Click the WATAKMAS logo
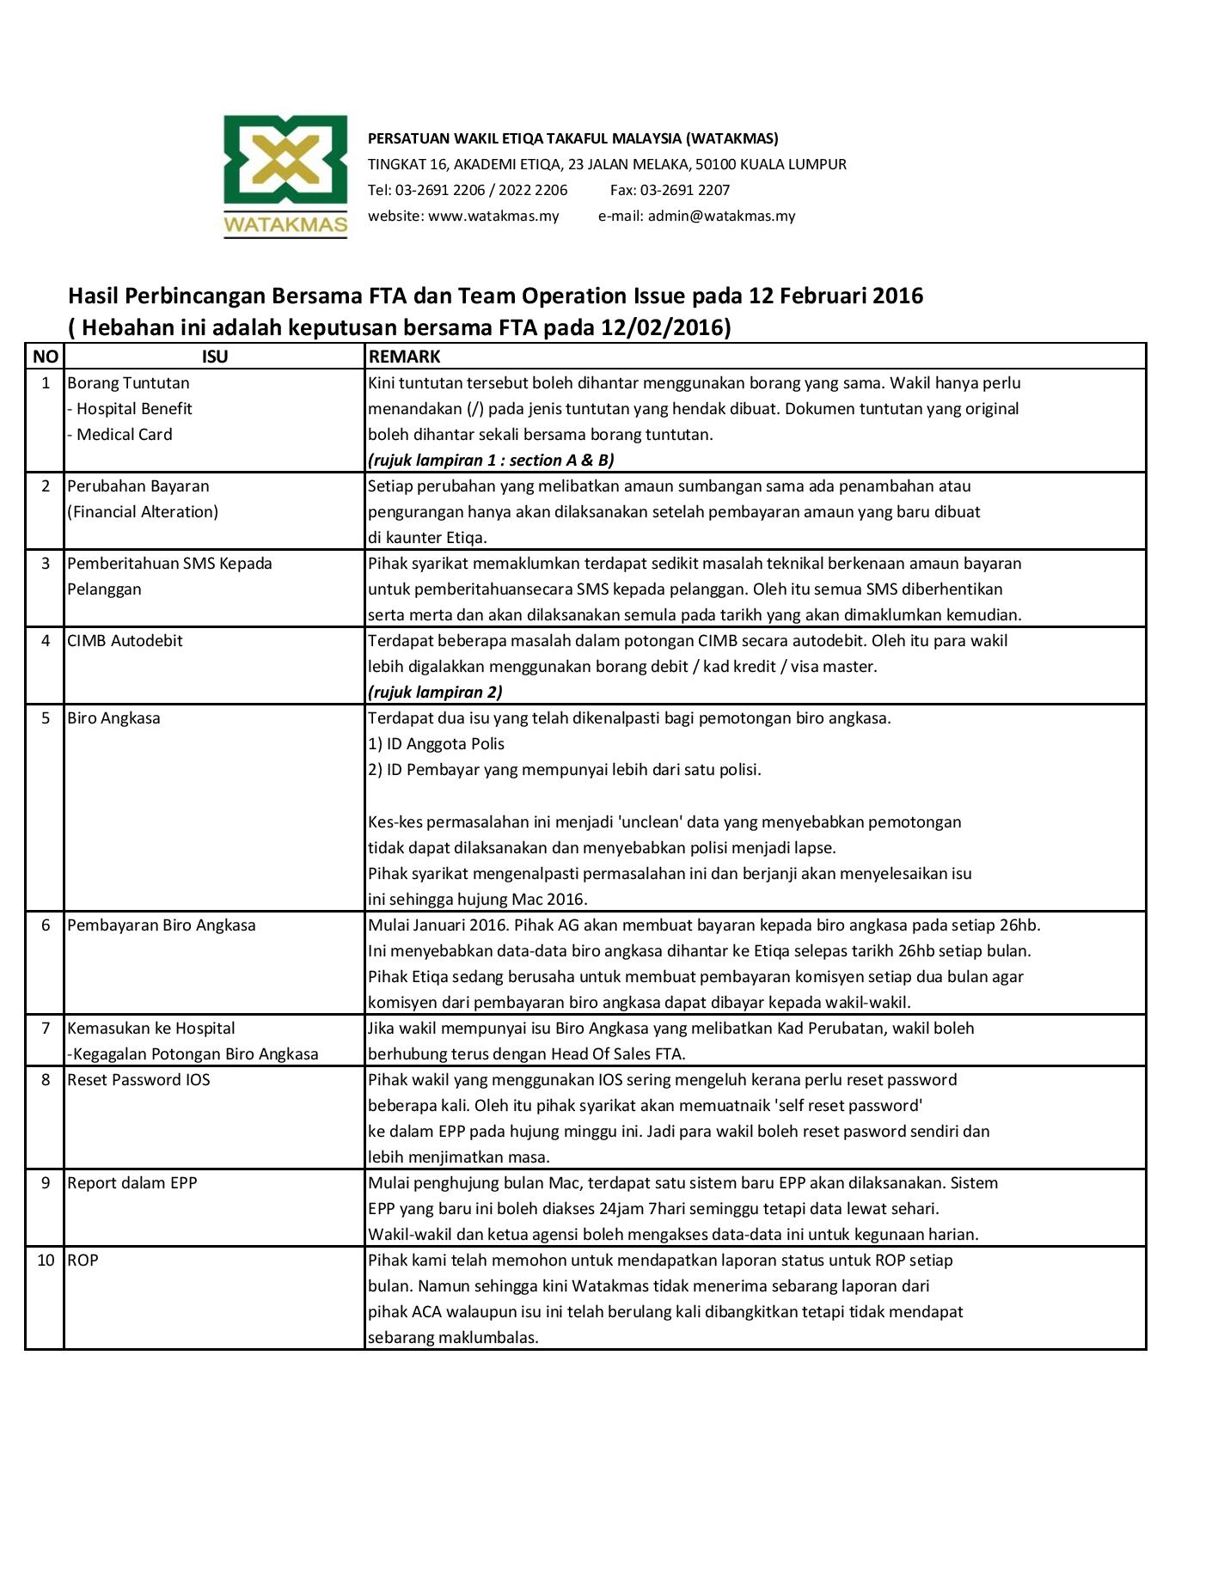tap(285, 175)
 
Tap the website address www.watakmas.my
tap(493, 216)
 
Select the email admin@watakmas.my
tap(721, 216)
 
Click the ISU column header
tap(214, 357)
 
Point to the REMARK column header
tap(404, 357)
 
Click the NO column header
tap(46, 357)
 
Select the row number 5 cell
tap(46, 718)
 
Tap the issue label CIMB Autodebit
tap(125, 641)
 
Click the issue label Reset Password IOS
tap(138, 1080)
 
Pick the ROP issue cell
tap(83, 1261)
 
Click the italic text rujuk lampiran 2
tap(435, 693)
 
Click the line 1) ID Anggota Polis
tap(436, 744)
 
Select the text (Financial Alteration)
tap(143, 512)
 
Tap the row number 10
tap(46, 1261)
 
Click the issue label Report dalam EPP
tap(132, 1183)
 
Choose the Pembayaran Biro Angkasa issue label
tap(162, 925)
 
